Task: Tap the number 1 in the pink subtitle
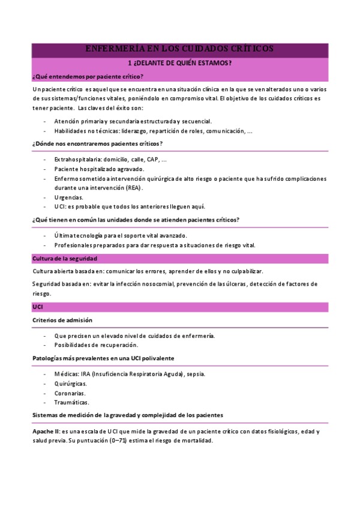131,63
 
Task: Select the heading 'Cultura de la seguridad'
64,258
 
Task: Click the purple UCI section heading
37,307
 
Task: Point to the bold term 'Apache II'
45,431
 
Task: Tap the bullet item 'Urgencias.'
68,197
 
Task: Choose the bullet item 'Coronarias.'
70,393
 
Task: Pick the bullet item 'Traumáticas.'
71,402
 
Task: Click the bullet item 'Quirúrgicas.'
70,384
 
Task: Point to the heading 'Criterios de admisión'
62,320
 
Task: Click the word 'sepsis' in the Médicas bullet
195,374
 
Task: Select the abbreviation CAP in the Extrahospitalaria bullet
154,160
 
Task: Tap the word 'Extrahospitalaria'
77,160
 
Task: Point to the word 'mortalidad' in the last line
196,440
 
